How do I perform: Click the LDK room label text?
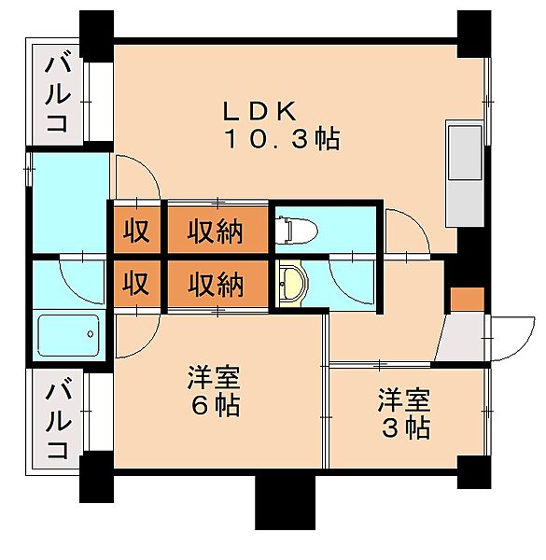coord(259,109)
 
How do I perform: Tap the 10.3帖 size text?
coord(280,140)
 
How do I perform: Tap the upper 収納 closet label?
coord(217,229)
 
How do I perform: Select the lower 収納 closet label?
coord(217,283)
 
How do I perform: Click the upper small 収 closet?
coord(136,229)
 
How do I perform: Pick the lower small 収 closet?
coord(136,283)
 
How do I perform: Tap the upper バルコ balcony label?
coord(57,93)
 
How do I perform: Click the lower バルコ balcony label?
coord(57,418)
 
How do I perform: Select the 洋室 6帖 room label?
coord(214,392)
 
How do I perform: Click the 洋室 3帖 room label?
coord(404,414)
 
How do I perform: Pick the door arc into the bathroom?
coord(77,277)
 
